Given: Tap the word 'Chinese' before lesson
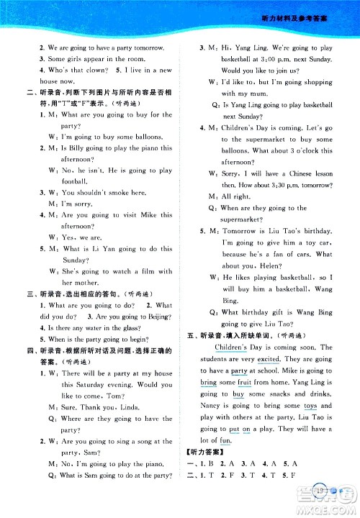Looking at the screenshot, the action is coord(298,173).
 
